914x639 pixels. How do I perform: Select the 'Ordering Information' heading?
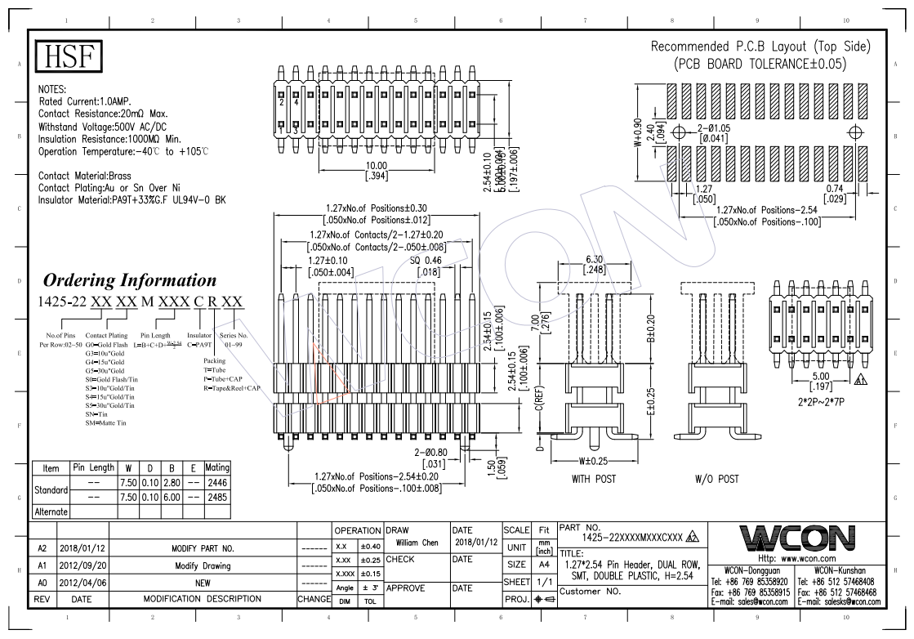click(130, 280)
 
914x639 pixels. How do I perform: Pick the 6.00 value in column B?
click(172, 497)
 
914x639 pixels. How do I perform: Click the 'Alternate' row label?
click(51, 512)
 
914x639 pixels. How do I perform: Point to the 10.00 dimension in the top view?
click(376, 165)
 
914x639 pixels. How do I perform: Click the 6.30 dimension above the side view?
click(594, 260)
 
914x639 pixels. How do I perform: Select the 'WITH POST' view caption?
click(593, 479)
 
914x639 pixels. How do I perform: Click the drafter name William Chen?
click(417, 543)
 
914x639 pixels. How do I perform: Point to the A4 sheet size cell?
click(540, 565)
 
